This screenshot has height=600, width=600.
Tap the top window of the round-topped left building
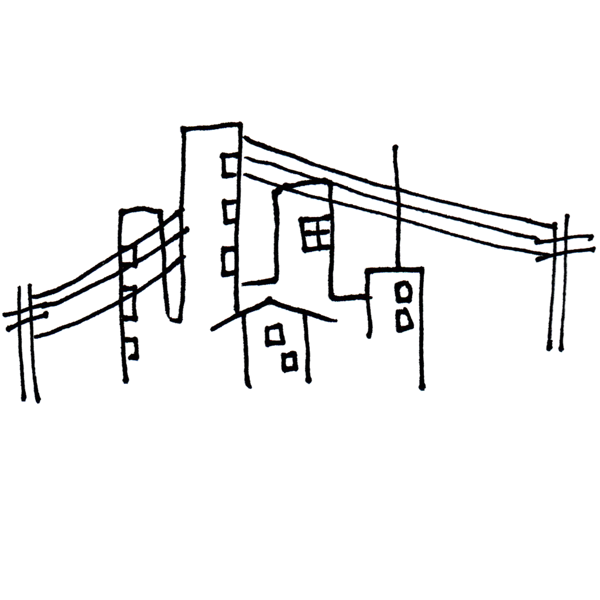(130, 256)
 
